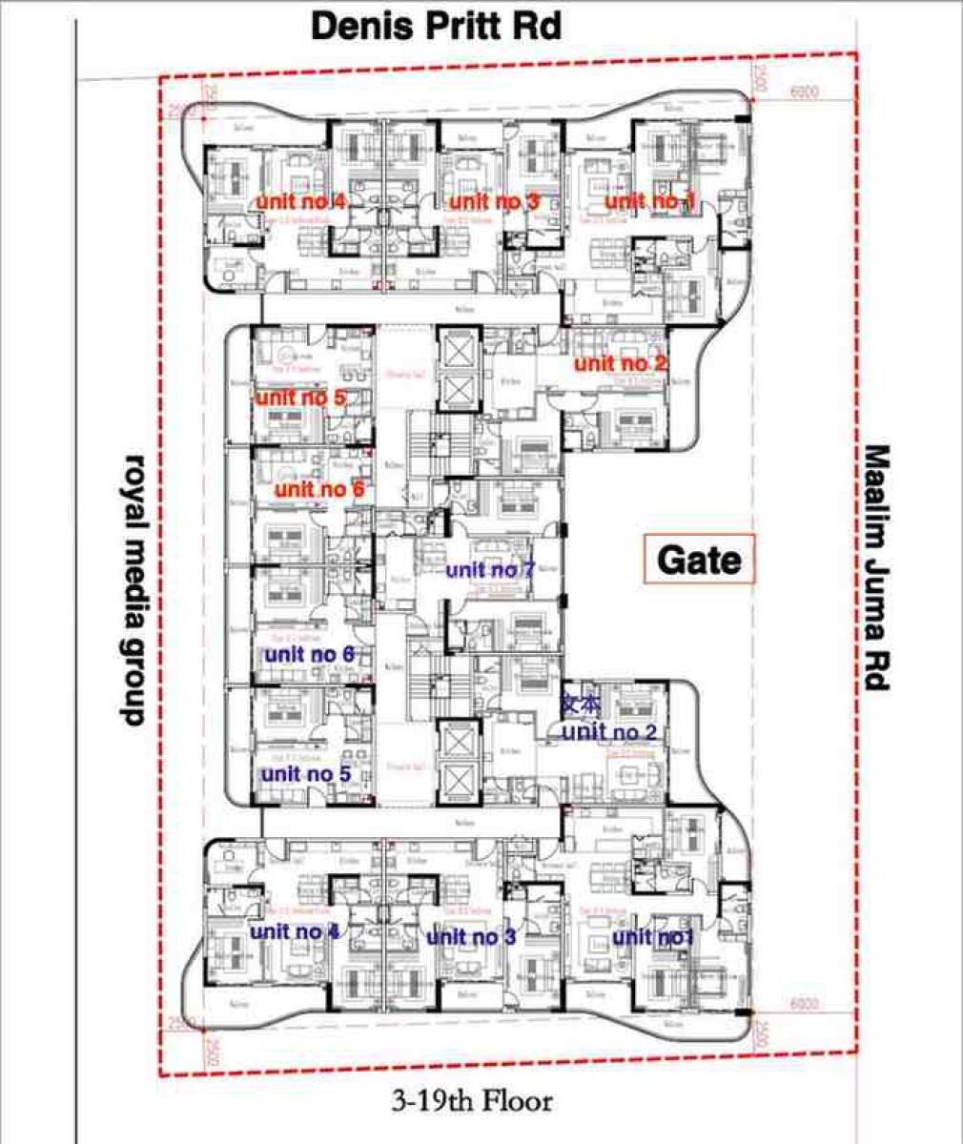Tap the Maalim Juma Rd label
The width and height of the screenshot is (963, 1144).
(x=876, y=569)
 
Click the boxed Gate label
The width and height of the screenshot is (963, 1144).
(x=699, y=560)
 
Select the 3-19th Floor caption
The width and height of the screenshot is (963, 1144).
(x=471, y=1103)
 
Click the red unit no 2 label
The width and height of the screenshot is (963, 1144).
(x=620, y=363)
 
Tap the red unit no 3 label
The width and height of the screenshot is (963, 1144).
(x=494, y=201)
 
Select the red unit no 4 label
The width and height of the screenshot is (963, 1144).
(x=300, y=202)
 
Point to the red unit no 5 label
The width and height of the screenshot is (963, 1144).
(x=299, y=398)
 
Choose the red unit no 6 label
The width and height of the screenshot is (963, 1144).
(x=319, y=490)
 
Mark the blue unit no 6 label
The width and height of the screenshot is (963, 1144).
(x=309, y=655)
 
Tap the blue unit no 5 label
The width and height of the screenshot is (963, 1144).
(x=306, y=774)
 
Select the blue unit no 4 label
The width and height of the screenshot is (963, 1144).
(x=295, y=931)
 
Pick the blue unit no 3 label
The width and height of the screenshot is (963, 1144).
(x=470, y=937)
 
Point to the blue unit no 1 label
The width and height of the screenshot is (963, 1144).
(x=653, y=938)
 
